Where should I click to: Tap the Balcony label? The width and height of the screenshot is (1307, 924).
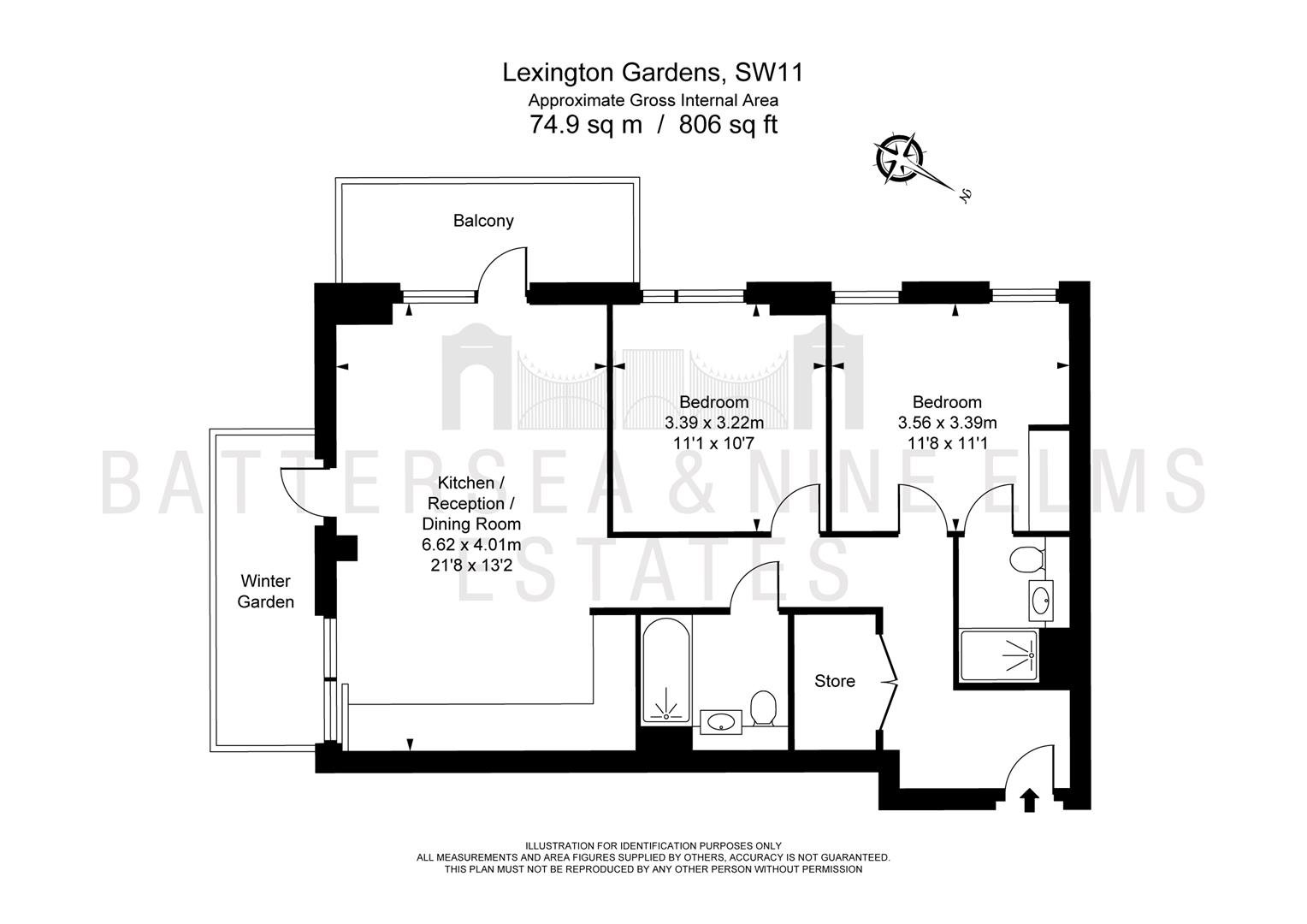point(483,221)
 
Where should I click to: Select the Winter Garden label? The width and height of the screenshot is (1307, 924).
point(265,591)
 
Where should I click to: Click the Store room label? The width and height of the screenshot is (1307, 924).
point(834,681)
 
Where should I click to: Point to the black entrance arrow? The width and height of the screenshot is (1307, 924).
point(1029,800)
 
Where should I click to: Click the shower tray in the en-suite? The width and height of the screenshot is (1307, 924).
point(999,654)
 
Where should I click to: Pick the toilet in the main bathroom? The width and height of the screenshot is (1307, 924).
point(763,708)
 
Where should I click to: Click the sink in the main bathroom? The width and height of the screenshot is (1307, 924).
point(721,722)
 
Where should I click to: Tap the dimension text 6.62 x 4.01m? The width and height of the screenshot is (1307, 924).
point(471,545)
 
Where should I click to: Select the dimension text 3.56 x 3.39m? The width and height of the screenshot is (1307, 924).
point(947,423)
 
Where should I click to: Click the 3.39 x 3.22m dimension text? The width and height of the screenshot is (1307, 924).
point(714,423)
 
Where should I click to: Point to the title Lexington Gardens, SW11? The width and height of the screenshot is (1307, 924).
point(653,73)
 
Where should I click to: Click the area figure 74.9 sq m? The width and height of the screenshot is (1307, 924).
point(586,125)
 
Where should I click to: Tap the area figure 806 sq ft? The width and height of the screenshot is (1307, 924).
point(728,125)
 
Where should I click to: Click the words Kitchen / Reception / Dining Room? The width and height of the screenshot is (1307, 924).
point(471,503)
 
